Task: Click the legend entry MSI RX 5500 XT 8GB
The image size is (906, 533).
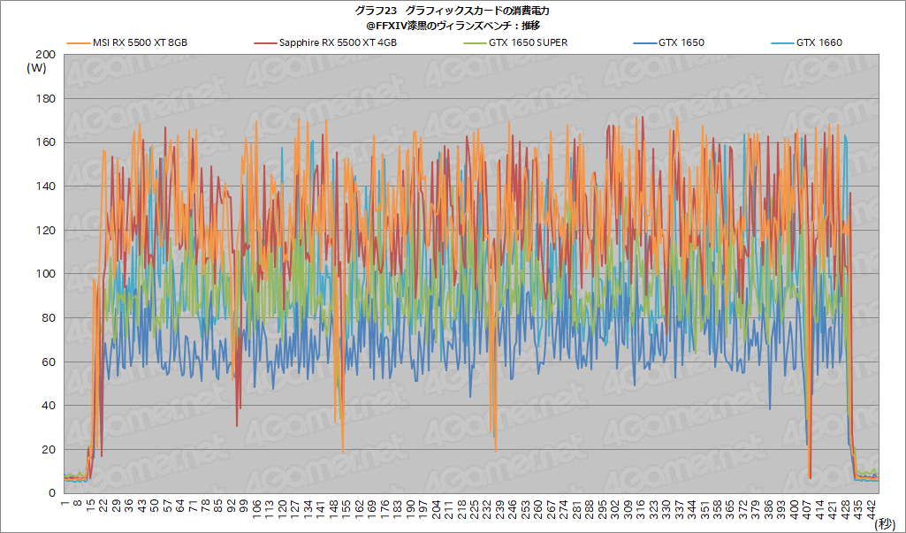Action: click(x=140, y=42)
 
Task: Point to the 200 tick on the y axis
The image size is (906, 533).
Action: click(x=45, y=55)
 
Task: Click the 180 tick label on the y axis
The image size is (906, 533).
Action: click(x=45, y=99)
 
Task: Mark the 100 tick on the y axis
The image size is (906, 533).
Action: click(x=45, y=274)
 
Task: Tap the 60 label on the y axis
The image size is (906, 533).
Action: click(x=48, y=362)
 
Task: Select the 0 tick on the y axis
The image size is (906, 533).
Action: click(x=51, y=493)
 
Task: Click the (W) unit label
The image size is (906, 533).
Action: click(x=36, y=68)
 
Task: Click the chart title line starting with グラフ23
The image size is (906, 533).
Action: click(x=452, y=11)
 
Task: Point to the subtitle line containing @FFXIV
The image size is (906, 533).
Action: click(x=453, y=25)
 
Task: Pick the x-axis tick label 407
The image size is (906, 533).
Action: click(x=809, y=507)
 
